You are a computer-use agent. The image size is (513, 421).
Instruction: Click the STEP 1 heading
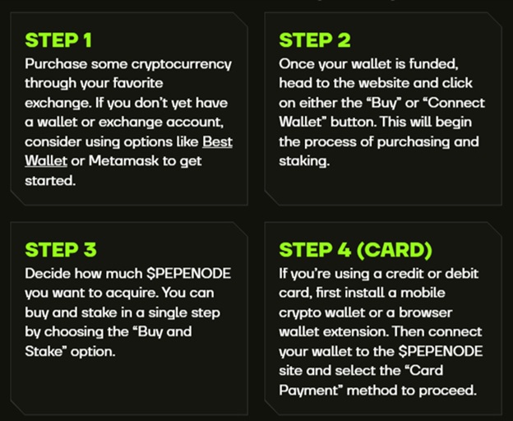pyautogui.click(x=58, y=40)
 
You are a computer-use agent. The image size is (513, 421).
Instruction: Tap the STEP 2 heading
pyautogui.click(x=315, y=40)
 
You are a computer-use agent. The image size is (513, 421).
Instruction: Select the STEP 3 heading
pyautogui.click(x=61, y=250)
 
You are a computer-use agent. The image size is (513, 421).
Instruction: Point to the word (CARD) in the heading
pyautogui.click(x=395, y=250)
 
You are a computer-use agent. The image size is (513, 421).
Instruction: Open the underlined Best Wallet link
pyautogui.click(x=128, y=151)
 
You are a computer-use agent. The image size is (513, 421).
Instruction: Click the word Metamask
pyautogui.click(x=123, y=160)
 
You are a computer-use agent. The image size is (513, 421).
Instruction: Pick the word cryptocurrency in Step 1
pyautogui.click(x=181, y=64)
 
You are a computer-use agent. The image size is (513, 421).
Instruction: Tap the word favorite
pyautogui.click(x=138, y=83)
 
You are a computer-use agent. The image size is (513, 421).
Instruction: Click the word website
pyautogui.click(x=384, y=83)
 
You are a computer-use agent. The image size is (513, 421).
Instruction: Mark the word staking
pyautogui.click(x=303, y=161)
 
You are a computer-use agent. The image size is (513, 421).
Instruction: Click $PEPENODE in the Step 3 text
pyautogui.click(x=188, y=274)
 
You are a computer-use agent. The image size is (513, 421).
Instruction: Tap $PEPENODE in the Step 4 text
pyautogui.click(x=441, y=351)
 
